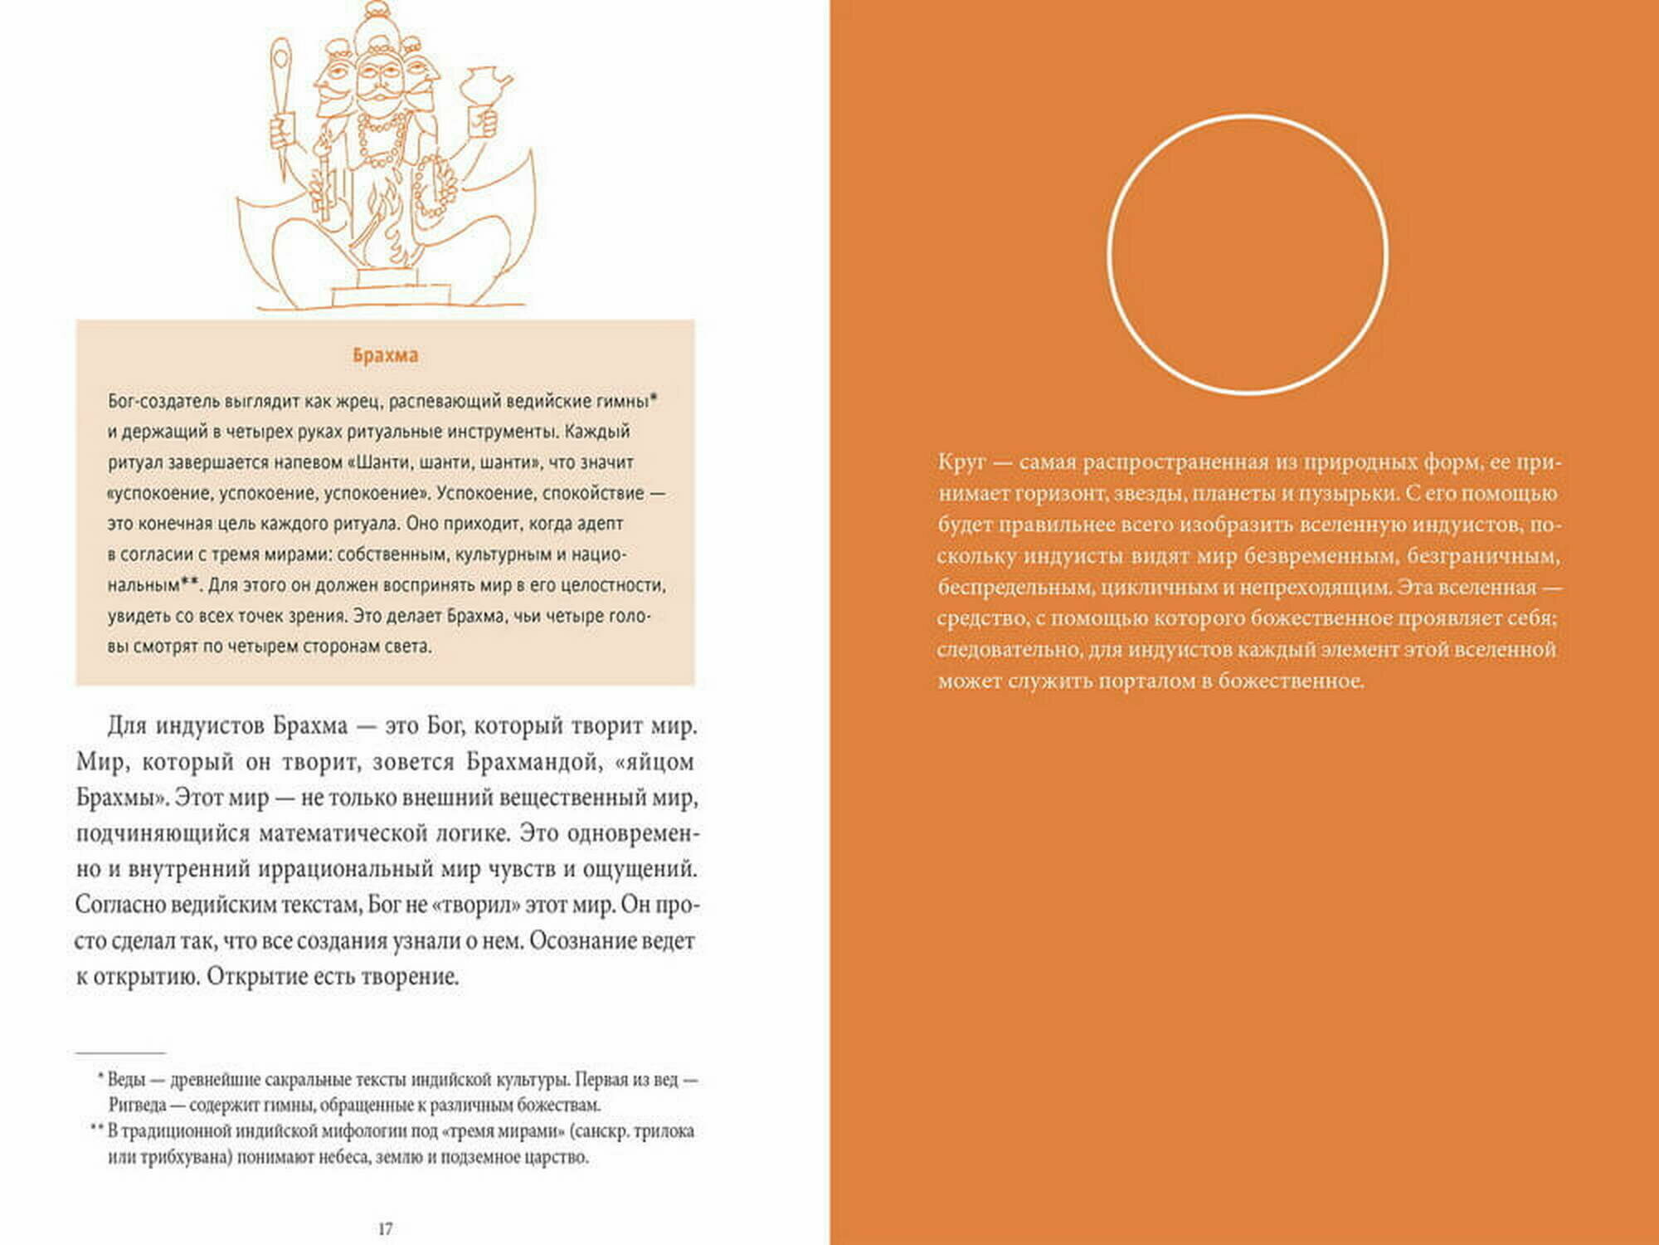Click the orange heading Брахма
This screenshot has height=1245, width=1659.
[385, 355]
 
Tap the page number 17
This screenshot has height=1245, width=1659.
[385, 1229]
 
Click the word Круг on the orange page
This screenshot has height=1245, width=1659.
[961, 462]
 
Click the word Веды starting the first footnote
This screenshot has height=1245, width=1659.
[126, 1080]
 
